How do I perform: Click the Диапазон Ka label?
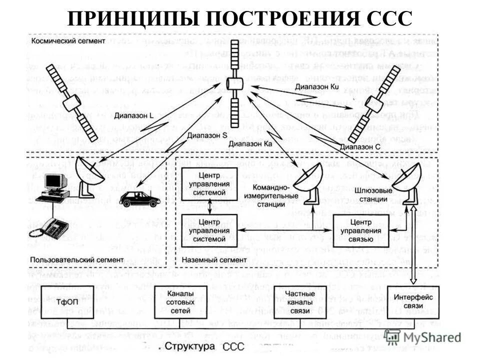[251, 143]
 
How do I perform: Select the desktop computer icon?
[53, 187]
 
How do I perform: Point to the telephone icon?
[50, 228]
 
